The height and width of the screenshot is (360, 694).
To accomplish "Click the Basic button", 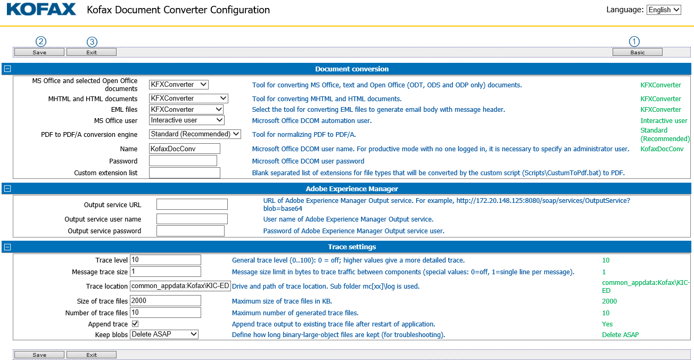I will [x=637, y=52].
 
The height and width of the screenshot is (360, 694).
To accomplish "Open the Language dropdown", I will [x=664, y=10].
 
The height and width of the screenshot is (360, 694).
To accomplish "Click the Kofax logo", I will [x=42, y=10].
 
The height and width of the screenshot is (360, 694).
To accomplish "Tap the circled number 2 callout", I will [x=40, y=42].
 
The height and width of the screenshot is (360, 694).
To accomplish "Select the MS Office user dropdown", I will [x=186, y=120].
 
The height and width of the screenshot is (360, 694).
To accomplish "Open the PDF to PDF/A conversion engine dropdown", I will [x=195, y=134].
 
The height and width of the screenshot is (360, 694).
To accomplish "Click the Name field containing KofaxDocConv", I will [x=184, y=149].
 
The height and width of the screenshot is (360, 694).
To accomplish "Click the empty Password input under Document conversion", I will [x=183, y=161].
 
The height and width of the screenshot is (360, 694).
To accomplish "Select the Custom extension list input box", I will [x=184, y=173].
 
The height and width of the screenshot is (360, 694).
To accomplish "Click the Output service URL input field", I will [x=192, y=204].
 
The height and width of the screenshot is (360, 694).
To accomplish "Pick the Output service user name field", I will [x=192, y=219].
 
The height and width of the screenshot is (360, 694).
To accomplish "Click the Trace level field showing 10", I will [x=165, y=260].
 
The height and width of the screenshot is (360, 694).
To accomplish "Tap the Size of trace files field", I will [x=165, y=301].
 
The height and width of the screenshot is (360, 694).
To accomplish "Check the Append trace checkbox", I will [x=135, y=324].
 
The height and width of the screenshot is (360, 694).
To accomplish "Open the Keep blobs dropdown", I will [x=164, y=334].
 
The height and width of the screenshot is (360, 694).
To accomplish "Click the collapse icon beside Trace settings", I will [x=7, y=247].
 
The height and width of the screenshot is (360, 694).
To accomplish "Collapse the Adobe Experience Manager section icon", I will [x=7, y=189].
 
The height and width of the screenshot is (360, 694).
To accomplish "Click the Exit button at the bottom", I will [x=92, y=355].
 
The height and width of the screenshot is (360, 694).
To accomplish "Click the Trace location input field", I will [x=180, y=286].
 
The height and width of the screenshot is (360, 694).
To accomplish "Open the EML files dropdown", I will [x=186, y=109].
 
